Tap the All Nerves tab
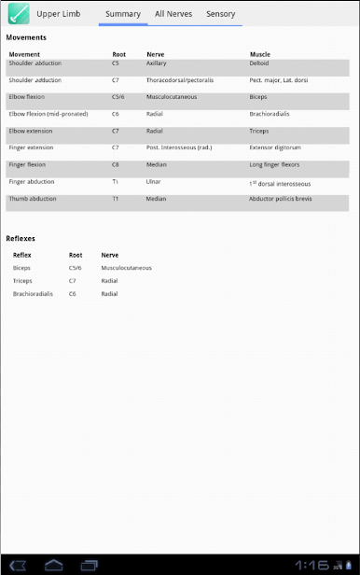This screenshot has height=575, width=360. coord(173,14)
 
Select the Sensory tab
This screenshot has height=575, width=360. coord(220,14)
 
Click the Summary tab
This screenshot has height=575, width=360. coord(123,14)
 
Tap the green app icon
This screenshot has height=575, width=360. coord(17,14)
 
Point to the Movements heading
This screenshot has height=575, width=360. coord(26,37)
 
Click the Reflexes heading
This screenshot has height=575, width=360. coord(21,239)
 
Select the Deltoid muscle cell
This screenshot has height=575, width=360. coord(259,63)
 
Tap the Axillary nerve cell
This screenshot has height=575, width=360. coord(157,63)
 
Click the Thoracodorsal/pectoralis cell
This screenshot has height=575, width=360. coord(179,80)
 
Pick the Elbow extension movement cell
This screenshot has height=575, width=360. coord(31,131)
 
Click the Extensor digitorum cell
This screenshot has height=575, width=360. coord(274,147)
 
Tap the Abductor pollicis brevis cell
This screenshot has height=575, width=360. coord(280,198)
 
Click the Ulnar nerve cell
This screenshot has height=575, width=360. coord(154,181)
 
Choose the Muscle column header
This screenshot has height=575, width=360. coord(260,54)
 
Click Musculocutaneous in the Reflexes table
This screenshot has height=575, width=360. coord(126,268)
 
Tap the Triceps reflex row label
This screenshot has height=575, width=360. coord(22,280)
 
